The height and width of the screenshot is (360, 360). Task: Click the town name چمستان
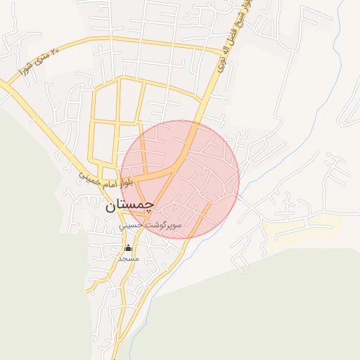129,206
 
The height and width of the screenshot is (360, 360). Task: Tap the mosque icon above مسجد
128,247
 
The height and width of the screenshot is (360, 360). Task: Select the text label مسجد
128,258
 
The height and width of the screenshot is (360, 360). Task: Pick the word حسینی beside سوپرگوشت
131,226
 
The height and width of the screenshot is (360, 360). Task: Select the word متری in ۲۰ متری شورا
41,59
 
